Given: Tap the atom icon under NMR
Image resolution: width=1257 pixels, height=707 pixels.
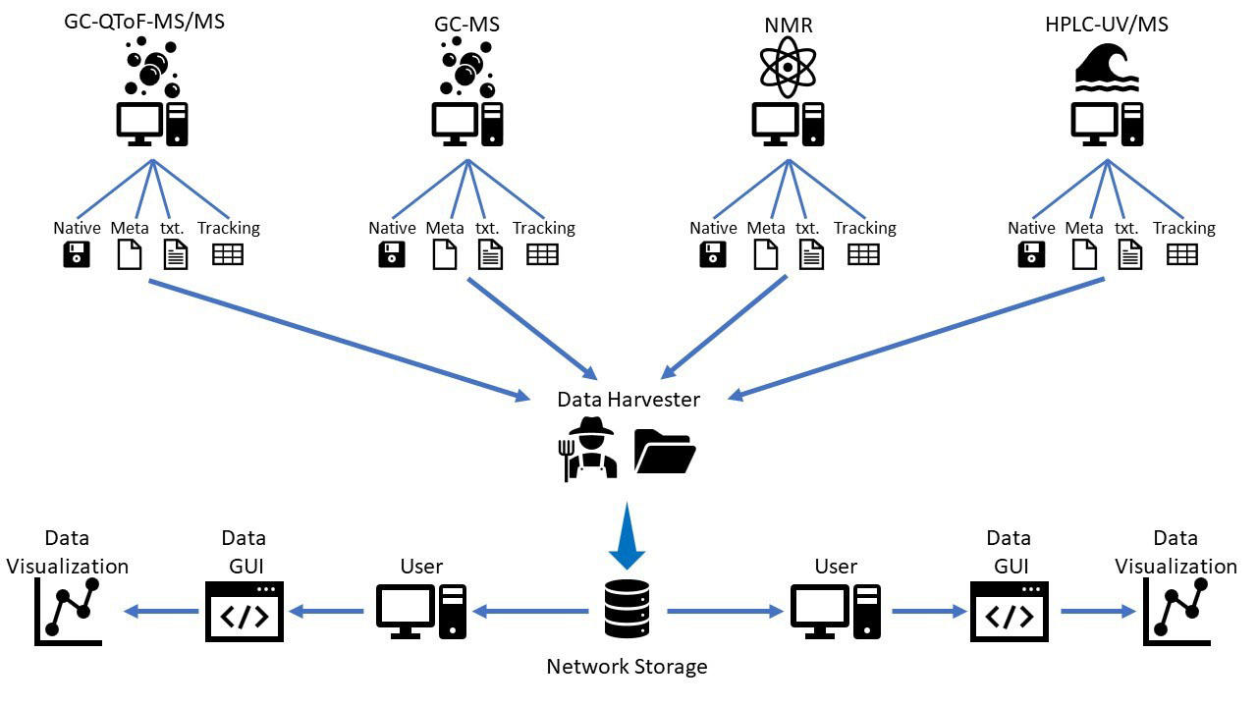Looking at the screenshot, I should point(788,67).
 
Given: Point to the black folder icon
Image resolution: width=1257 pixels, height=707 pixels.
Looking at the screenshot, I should point(665,451).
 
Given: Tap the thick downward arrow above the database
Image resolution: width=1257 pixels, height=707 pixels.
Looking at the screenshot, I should point(627,539).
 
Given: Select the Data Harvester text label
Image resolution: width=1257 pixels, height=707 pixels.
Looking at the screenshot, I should point(628,400).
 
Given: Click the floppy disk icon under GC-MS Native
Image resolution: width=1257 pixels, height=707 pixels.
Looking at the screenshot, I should point(392,255).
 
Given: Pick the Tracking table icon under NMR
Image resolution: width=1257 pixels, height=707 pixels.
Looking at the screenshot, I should point(864,254).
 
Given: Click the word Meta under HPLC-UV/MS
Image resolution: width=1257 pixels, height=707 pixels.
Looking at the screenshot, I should point(1084,228).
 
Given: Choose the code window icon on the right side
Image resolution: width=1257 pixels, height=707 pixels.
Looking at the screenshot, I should point(1009,612).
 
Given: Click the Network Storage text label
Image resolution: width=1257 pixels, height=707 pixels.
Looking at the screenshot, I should point(627,668).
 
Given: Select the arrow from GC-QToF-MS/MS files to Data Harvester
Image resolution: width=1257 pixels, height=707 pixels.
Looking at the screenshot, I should point(334,339).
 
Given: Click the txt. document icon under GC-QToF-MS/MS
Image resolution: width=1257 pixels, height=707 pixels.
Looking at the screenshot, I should point(176,255).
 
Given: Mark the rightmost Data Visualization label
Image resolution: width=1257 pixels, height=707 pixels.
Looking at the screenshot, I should point(1175,552).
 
